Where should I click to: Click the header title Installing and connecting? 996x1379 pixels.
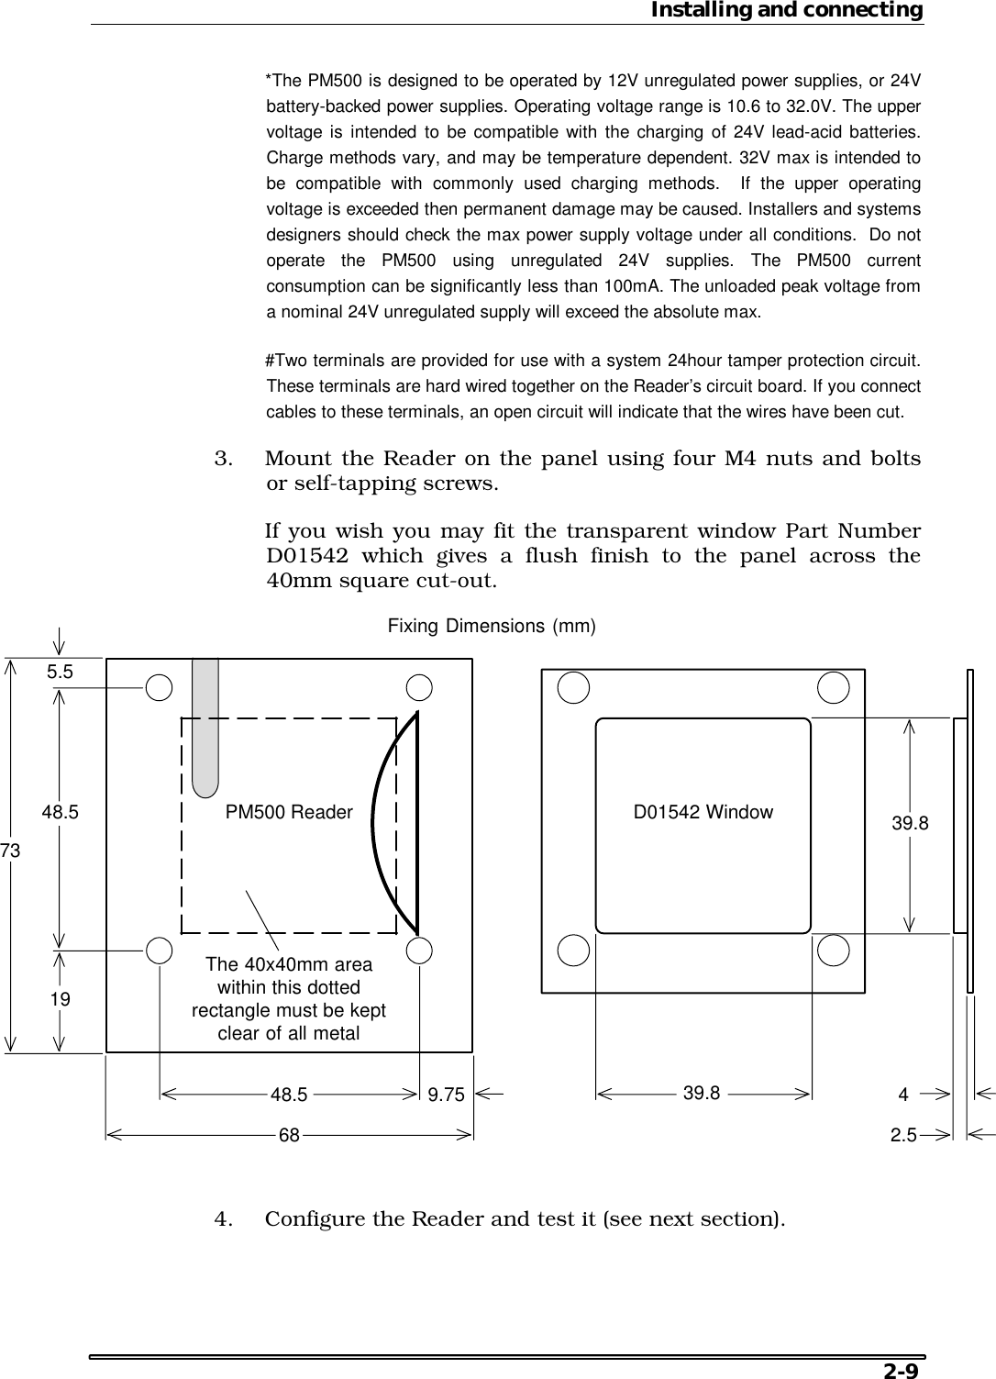click(786, 10)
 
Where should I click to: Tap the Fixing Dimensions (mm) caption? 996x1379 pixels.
click(492, 627)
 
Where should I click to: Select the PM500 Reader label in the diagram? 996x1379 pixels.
click(289, 812)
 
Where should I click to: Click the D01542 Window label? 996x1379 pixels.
click(703, 812)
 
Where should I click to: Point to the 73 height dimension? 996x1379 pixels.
click(10, 851)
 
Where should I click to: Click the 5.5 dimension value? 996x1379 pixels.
click(61, 672)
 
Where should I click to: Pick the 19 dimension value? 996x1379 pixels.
click(61, 999)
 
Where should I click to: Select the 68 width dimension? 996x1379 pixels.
click(290, 1135)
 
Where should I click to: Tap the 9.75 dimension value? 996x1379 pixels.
click(447, 1094)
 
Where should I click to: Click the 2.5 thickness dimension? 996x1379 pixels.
click(903, 1135)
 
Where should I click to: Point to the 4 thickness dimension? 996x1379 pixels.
click(903, 1094)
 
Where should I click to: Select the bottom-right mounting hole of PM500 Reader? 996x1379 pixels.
click(420, 951)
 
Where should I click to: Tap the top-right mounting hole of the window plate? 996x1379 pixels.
click(834, 687)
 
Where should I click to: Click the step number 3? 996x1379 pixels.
click(224, 458)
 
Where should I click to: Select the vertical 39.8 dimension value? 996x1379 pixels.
click(910, 824)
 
